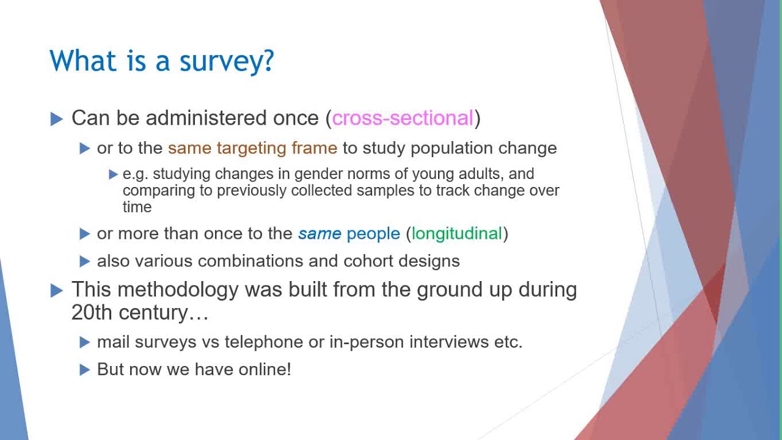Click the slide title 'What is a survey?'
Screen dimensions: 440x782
tap(162, 61)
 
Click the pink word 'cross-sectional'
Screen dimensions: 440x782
tap(403, 118)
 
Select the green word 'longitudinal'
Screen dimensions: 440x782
tap(456, 233)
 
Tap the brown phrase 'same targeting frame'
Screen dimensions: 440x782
tap(252, 148)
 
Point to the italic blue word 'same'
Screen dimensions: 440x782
tap(319, 233)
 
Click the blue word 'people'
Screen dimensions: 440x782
tap(373, 233)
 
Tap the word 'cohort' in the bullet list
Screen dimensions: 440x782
tap(368, 261)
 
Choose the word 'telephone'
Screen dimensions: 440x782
tap(264, 342)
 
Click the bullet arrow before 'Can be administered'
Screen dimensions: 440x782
tap(57, 119)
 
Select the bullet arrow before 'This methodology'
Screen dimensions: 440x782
tap(57, 290)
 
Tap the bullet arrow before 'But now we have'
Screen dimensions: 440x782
tap(85, 370)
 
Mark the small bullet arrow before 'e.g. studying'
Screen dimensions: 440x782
tap(113, 175)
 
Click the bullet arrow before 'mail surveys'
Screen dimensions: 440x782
tap(85, 342)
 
